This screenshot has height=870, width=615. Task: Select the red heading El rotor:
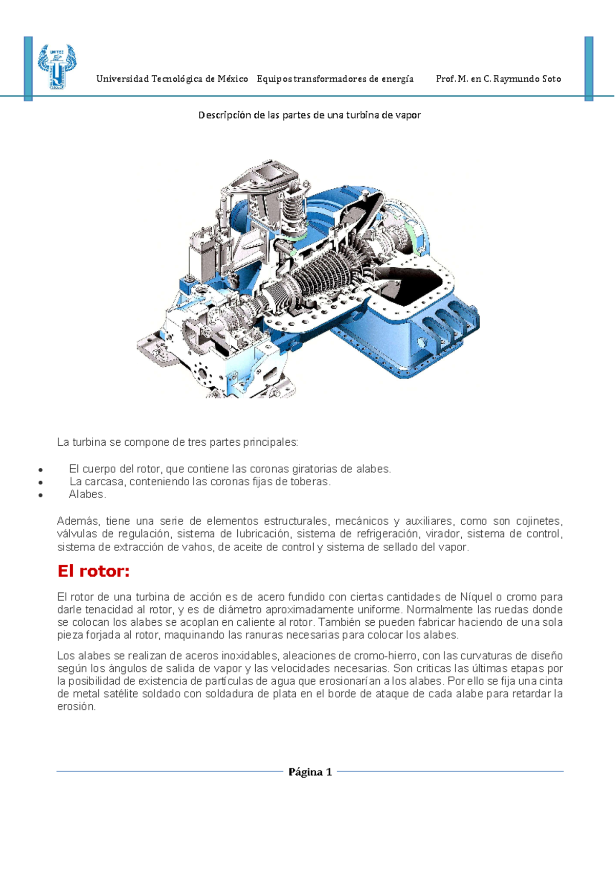[93, 571]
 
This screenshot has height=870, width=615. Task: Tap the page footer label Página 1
[310, 772]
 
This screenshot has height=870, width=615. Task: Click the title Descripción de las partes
[309, 115]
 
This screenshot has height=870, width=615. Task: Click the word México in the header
[233, 79]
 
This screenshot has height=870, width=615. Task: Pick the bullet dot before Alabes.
[40, 495]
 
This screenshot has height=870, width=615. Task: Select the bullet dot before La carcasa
[40, 482]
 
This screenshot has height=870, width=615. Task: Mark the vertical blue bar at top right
[589, 68]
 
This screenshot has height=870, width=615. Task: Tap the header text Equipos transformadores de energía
[335, 79]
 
